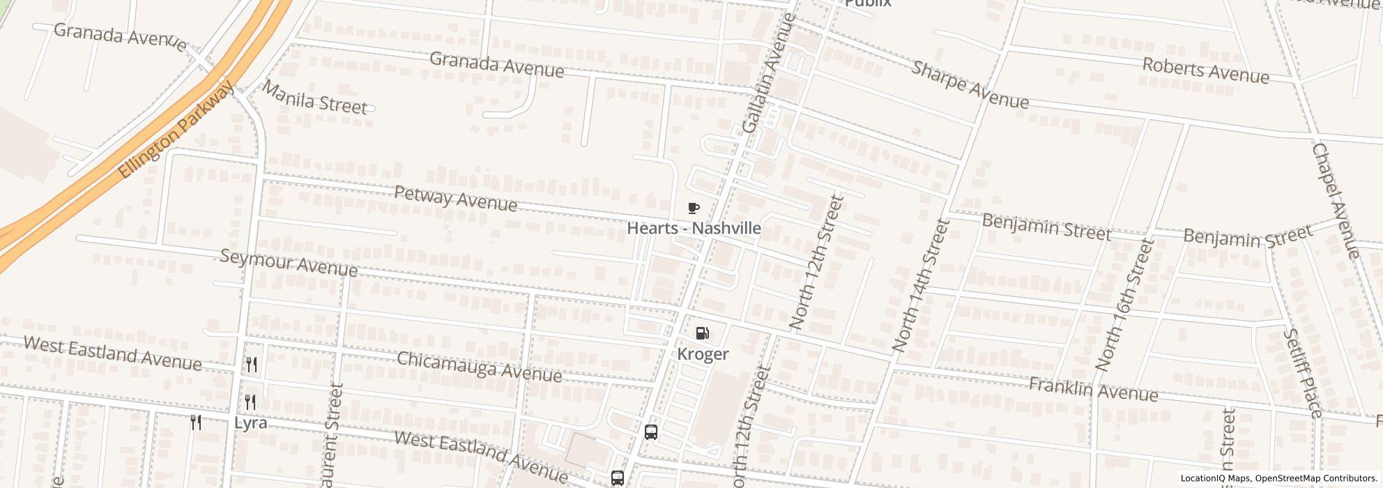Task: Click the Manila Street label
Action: (315, 98)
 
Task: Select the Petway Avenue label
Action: (456, 199)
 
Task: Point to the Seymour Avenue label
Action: (289, 263)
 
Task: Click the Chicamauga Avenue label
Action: (479, 367)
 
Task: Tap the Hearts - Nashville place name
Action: (694, 228)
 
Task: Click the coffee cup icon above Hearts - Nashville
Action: (693, 208)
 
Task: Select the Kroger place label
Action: (703, 354)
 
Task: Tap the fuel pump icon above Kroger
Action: (703, 334)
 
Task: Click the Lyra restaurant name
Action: (250, 423)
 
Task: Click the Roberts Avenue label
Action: (1205, 70)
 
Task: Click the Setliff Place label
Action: (1302, 373)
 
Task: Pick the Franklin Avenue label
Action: (1093, 390)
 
